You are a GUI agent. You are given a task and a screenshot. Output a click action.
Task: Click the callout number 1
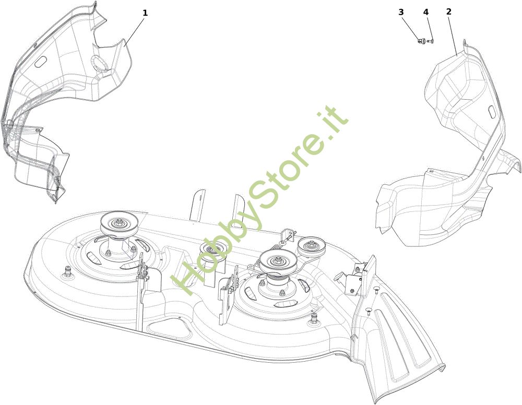click(x=145, y=13)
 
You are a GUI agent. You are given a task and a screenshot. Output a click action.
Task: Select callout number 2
click(x=449, y=11)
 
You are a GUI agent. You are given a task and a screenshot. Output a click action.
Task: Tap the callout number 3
click(x=401, y=12)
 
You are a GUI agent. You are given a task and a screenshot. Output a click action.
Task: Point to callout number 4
click(x=426, y=12)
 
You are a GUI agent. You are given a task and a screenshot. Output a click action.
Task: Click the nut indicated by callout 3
click(x=421, y=41)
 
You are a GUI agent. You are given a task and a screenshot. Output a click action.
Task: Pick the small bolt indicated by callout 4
click(x=430, y=41)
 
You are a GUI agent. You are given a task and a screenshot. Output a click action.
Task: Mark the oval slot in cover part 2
click(x=492, y=112)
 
